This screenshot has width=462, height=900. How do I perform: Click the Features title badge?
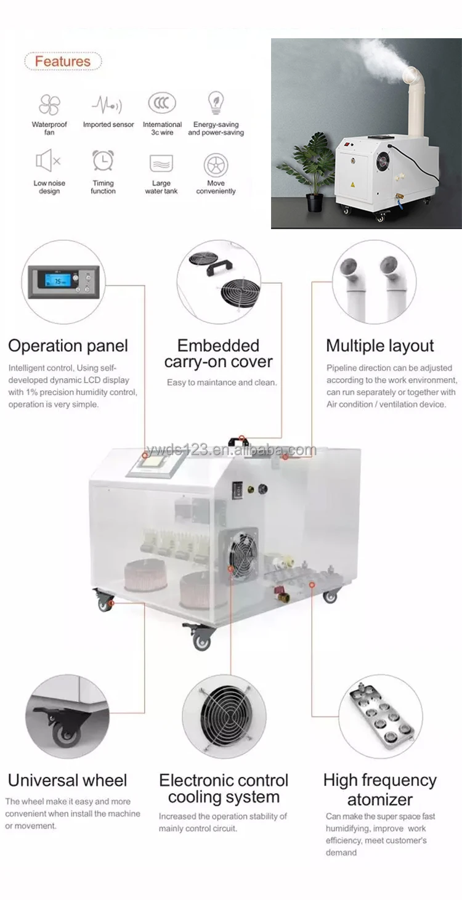pyautogui.click(x=62, y=62)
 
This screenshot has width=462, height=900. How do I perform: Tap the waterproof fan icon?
pyautogui.click(x=49, y=105)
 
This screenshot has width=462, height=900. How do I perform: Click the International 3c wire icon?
pyautogui.click(x=162, y=103)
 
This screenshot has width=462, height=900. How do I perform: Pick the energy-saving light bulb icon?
pyautogui.click(x=216, y=102)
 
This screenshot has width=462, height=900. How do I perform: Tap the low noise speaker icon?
pyautogui.click(x=48, y=161)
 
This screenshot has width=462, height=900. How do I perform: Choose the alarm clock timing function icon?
pyautogui.click(x=103, y=160)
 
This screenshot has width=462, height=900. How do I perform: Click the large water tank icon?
pyautogui.click(x=161, y=163)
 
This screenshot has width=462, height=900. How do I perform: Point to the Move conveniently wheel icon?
pyautogui.click(x=216, y=165)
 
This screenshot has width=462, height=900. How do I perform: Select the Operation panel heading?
pyautogui.click(x=68, y=346)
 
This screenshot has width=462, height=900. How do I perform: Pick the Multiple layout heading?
pyautogui.click(x=380, y=346)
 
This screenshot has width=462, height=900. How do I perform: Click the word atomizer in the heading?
pyautogui.click(x=379, y=800)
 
